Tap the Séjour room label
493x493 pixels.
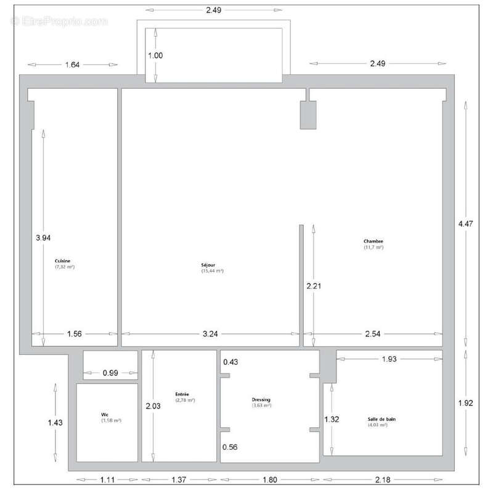211,265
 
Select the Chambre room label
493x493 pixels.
373,241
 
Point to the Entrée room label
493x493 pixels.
182,394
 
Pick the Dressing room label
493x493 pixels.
262,399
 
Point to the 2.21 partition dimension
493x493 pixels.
314,286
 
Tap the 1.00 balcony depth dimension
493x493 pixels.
155,55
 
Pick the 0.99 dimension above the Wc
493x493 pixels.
110,372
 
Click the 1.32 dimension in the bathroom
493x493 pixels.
332,419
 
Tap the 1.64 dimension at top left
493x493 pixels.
71,63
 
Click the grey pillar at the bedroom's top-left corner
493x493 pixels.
308,115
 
